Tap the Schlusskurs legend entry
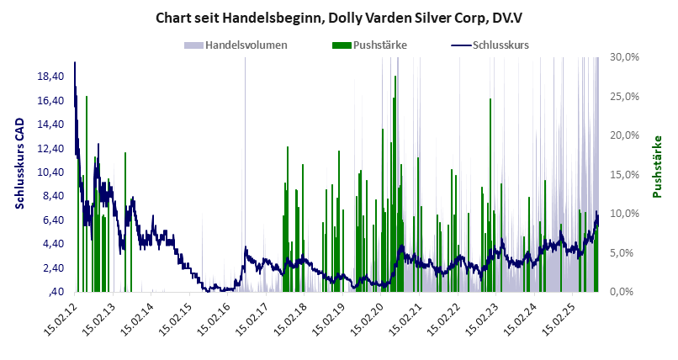tap(501, 45)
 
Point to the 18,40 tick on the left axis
tap(50, 77)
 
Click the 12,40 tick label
tap(50, 148)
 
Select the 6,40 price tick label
tap(52, 220)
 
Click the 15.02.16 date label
tap(215, 320)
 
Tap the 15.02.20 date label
tap(371, 320)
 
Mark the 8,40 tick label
tap(52, 196)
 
